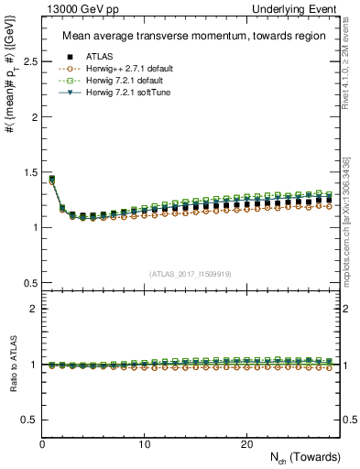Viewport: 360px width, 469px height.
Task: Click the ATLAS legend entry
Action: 95,57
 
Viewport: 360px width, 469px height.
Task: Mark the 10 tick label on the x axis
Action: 144,444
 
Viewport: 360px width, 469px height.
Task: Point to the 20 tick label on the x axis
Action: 245,444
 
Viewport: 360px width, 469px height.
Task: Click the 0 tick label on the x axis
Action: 42,444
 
